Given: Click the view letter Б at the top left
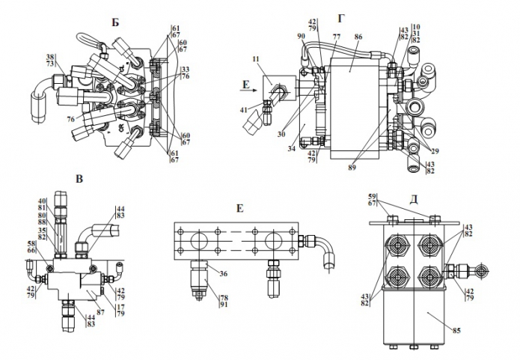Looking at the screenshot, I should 115,22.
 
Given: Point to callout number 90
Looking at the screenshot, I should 301,36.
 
